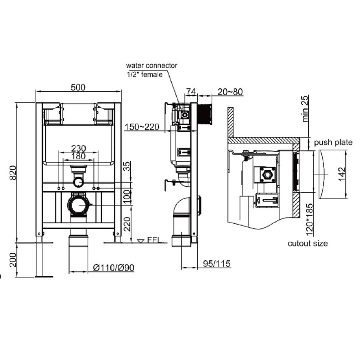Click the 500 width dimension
point(78,88)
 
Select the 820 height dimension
point(13,172)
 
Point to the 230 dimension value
point(78,148)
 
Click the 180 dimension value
point(78,156)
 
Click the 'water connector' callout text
point(152,65)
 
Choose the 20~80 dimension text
point(230,92)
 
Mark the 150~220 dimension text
point(142,127)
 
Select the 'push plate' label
point(333,142)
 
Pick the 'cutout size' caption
point(308,243)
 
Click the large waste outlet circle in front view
point(79,205)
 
